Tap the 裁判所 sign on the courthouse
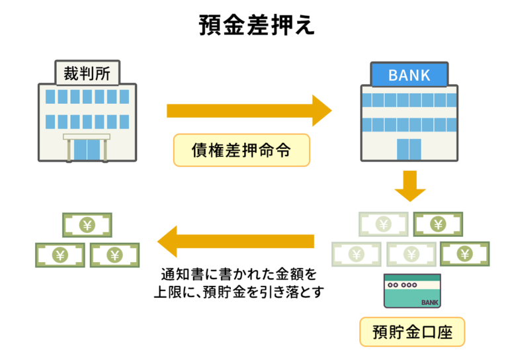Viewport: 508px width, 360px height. pyautogui.click(x=87, y=73)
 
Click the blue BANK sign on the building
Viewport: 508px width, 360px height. pyautogui.click(x=409, y=75)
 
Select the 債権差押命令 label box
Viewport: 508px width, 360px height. pyautogui.click(x=241, y=150)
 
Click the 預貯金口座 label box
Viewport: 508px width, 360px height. pyautogui.click(x=412, y=332)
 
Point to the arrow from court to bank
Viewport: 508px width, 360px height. pyautogui.click(x=249, y=111)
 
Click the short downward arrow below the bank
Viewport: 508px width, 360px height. pyautogui.click(x=409, y=186)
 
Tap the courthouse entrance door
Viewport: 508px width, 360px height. pyautogui.click(x=87, y=149)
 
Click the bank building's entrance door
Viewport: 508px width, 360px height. pyautogui.click(x=409, y=150)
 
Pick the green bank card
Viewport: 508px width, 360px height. pyautogui.click(x=412, y=291)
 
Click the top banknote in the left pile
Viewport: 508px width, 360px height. pyautogui.click(x=87, y=225)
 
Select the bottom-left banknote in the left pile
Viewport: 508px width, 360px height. pyautogui.click(x=60, y=254)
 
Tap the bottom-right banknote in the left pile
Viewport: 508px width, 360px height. pyautogui.click(x=114, y=254)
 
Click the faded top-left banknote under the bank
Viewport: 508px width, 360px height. pyautogui.click(x=383, y=224)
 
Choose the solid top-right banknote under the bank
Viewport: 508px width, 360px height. pyautogui.click(x=437, y=224)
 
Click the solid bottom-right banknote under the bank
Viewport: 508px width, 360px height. pyautogui.click(x=464, y=253)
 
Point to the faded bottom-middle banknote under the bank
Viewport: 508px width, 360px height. pyautogui.click(x=411, y=253)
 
